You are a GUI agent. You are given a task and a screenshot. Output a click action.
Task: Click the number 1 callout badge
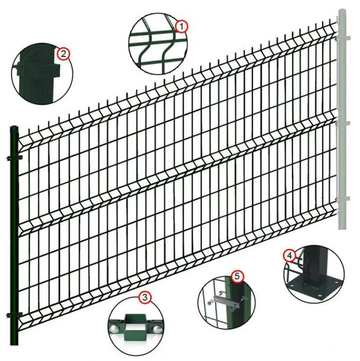[182, 25]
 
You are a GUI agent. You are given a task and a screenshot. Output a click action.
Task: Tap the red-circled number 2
[63, 53]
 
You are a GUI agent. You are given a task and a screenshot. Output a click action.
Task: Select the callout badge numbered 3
[144, 298]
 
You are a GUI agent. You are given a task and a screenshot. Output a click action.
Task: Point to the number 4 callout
[289, 255]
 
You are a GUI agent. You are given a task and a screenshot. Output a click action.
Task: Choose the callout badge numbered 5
[237, 276]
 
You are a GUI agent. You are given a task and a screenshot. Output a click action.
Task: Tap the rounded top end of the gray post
[341, 12]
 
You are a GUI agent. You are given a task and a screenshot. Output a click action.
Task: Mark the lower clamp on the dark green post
[14, 316]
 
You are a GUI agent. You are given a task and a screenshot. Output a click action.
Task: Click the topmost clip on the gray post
[343, 37]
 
